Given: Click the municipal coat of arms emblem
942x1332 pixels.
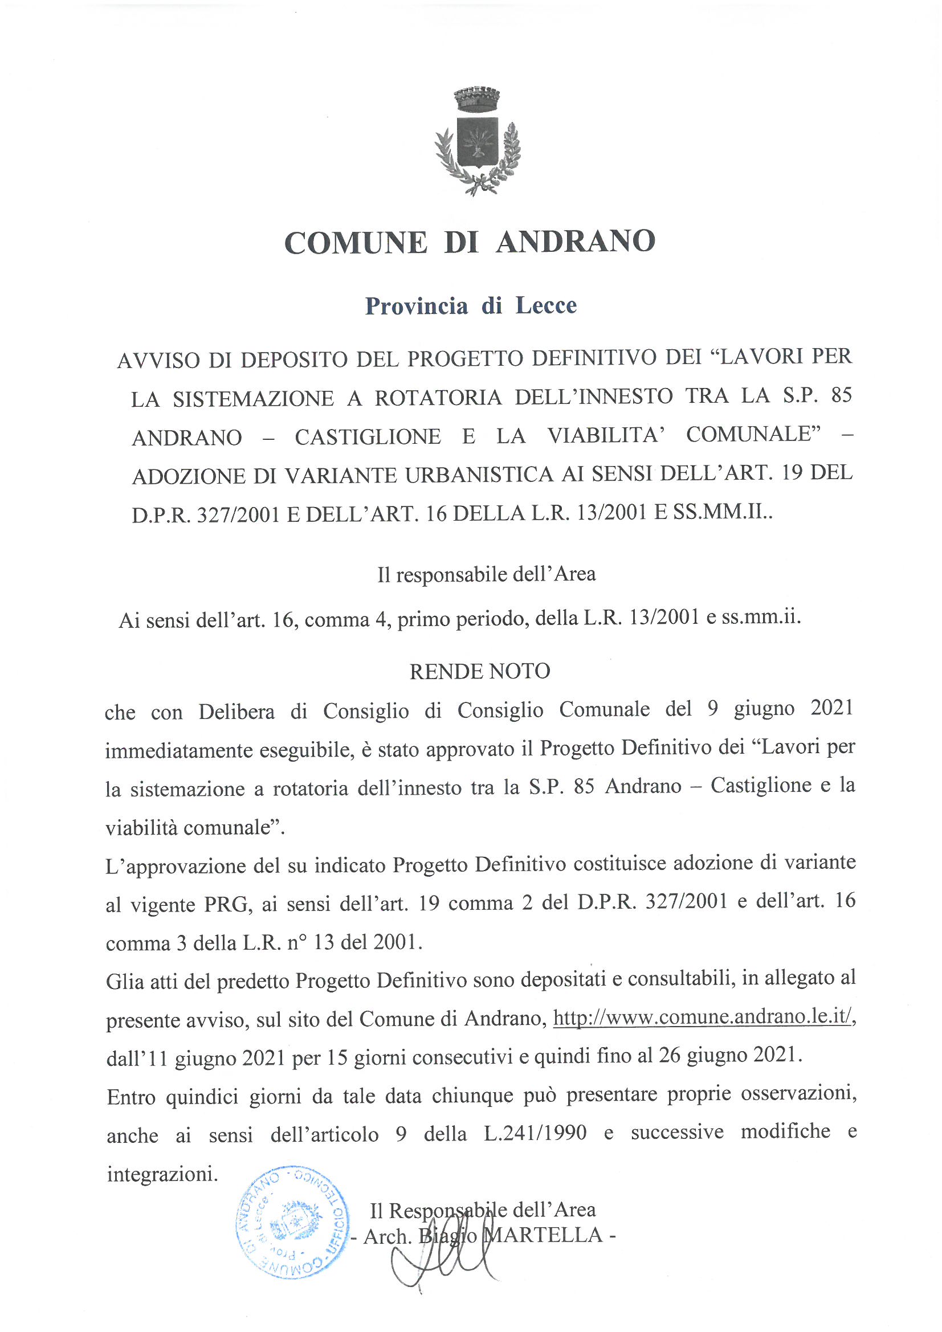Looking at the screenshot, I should [x=477, y=142].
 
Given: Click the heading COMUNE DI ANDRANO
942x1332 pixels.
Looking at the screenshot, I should [x=470, y=242].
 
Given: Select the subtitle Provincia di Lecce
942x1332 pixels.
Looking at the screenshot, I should [x=471, y=306].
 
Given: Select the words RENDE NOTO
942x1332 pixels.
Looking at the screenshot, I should [x=480, y=671].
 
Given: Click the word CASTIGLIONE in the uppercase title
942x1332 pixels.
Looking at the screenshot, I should [x=368, y=437].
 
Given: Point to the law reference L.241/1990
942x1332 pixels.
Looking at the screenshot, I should [x=535, y=1133].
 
